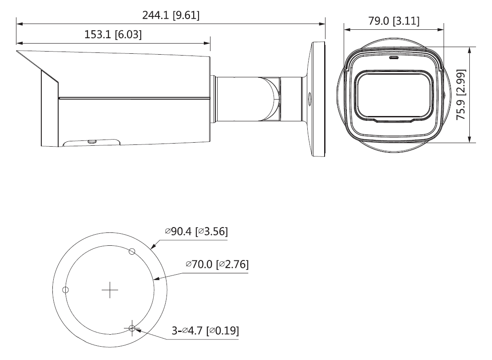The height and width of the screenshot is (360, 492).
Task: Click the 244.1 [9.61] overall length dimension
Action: point(171,15)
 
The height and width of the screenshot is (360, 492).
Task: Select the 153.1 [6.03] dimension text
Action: point(113,35)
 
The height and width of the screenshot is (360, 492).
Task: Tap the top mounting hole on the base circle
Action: point(131,252)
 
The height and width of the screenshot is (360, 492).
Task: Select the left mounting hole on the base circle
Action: point(66,290)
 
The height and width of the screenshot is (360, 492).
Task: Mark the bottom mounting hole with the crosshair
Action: point(132,329)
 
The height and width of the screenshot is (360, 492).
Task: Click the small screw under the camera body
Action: point(92,141)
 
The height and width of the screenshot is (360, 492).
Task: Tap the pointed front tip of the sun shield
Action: point(17,52)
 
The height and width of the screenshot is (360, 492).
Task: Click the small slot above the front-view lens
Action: point(393,57)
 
